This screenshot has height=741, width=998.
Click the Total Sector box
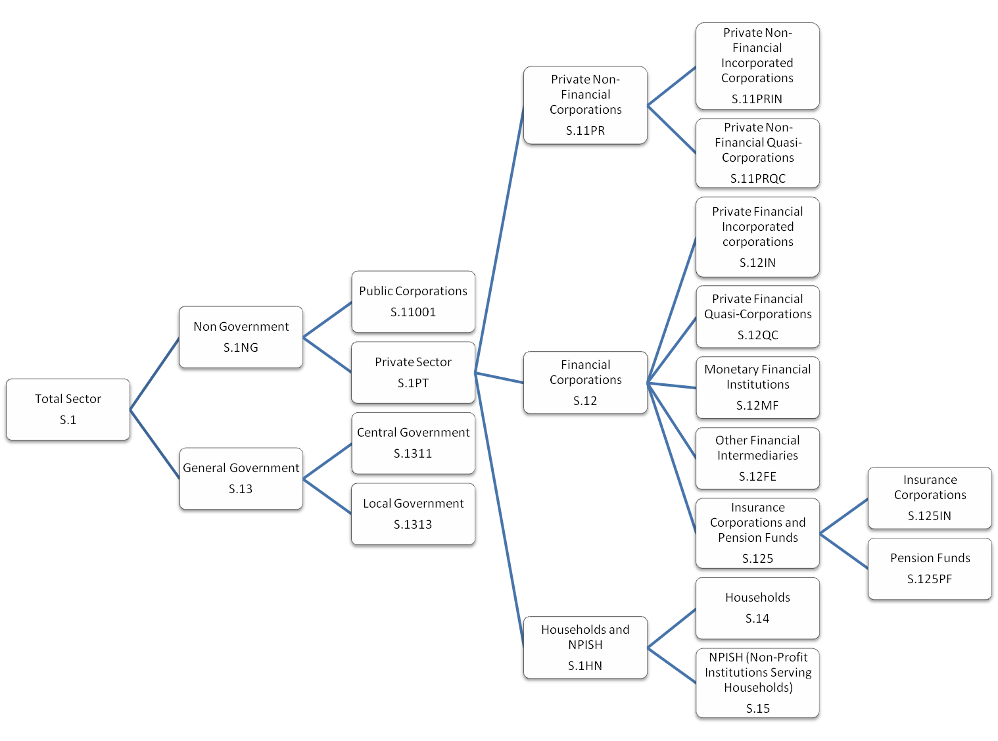pos(68,409)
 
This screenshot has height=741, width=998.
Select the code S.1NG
pos(241,348)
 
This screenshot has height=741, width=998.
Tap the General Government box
pos(241,478)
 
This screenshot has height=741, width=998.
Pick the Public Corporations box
pos(413,301)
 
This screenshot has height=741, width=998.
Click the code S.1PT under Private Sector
pos(413,383)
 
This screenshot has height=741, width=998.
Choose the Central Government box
pos(413,442)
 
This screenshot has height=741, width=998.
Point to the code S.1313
pos(413,525)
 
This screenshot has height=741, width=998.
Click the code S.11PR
pos(585,131)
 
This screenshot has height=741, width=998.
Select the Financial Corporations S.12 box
pos(585,383)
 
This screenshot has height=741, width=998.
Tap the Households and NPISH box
pos(585,648)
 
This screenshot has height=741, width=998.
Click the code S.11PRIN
pos(757,99)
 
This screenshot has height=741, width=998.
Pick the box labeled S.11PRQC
pos(757,153)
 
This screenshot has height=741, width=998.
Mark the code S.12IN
pos(757,263)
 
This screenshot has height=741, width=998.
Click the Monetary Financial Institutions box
pos(757,387)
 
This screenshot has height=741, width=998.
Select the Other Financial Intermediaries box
pos(757,458)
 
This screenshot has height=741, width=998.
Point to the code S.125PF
pos(929,579)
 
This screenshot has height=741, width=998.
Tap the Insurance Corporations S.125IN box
pos(930,497)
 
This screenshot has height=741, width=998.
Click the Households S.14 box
pos(757,608)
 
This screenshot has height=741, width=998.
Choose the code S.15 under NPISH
pos(757,709)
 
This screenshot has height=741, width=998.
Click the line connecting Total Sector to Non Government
pos(154,374)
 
